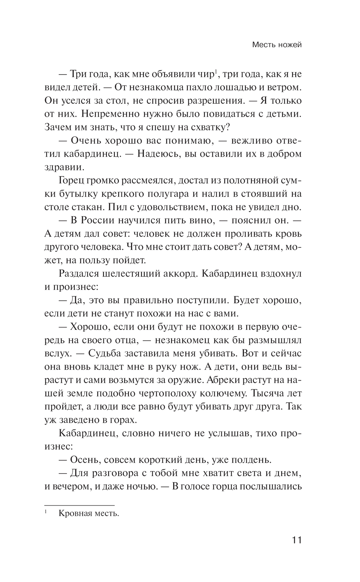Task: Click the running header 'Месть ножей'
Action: click(x=276, y=45)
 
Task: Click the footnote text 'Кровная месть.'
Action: click(x=89, y=514)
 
